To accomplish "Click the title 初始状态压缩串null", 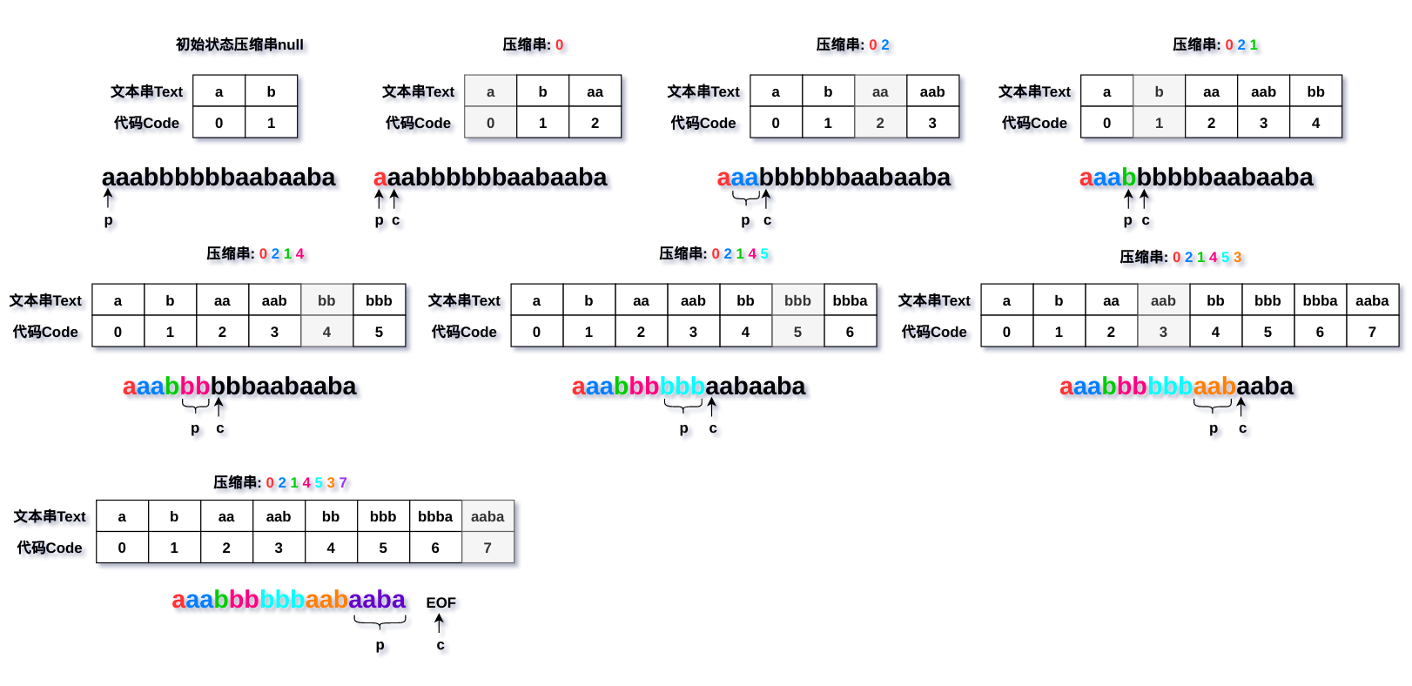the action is (239, 44).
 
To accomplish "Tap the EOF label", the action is (440, 602).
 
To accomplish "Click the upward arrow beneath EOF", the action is (440, 623).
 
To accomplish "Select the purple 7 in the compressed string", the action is (343, 483).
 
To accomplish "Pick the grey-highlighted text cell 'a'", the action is (490, 92).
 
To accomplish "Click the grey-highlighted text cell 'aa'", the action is (880, 92).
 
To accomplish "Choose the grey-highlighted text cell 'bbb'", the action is (797, 300).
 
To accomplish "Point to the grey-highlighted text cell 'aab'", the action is (1163, 300).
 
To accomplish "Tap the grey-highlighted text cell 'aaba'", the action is (487, 517).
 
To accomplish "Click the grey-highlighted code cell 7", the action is (487, 548).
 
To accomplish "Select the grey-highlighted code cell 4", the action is (326, 332).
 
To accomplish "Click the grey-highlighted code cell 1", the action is (1159, 123).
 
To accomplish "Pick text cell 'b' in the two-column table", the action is (271, 92).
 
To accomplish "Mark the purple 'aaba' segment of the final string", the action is (377, 600).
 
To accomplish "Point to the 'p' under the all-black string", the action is (109, 220).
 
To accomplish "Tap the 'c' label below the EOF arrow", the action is (440, 645).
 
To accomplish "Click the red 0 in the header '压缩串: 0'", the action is (559, 44).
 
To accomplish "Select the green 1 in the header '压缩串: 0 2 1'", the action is (1254, 44).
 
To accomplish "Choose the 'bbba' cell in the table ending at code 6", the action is (850, 300).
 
